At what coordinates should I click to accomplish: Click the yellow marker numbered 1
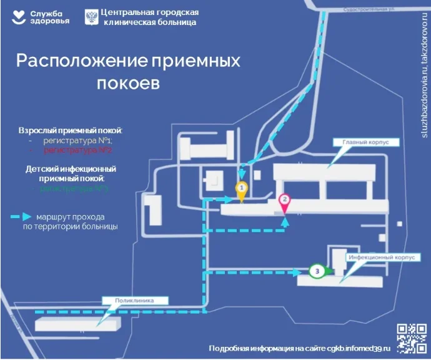tap(241, 188)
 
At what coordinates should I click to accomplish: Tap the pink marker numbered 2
tap(284, 201)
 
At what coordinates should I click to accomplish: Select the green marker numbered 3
tap(317, 271)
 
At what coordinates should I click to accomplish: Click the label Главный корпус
tap(365, 142)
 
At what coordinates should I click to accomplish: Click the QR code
tap(412, 338)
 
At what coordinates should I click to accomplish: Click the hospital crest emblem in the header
tap(91, 16)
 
